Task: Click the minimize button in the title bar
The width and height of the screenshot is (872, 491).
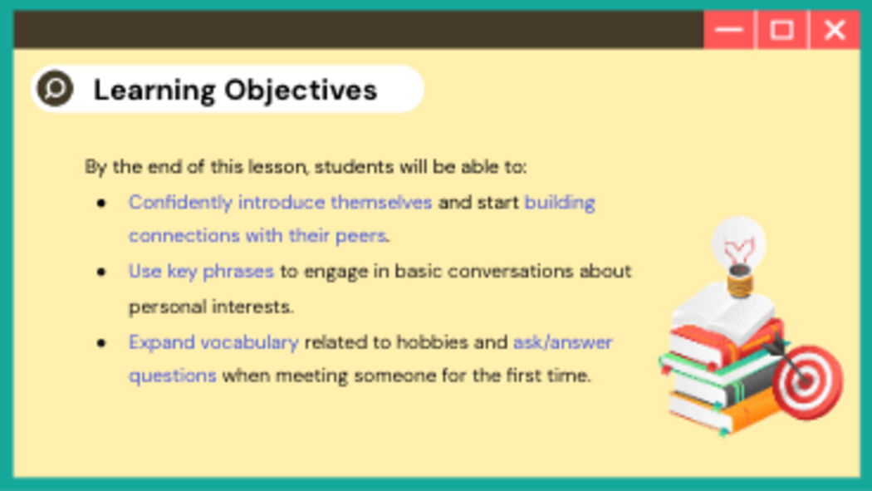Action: (x=728, y=29)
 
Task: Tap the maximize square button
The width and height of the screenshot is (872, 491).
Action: (x=781, y=29)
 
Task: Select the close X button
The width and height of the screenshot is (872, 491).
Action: (x=834, y=29)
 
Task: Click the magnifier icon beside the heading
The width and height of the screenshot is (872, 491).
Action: (x=55, y=88)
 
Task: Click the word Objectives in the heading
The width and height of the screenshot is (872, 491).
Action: (x=301, y=90)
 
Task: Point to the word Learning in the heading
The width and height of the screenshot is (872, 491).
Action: (x=154, y=90)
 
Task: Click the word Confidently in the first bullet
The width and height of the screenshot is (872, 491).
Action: (x=180, y=203)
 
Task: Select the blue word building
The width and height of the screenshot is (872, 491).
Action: (x=560, y=203)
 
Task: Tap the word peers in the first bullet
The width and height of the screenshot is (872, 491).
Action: (x=361, y=236)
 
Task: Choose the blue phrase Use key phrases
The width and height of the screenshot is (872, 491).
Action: (x=201, y=272)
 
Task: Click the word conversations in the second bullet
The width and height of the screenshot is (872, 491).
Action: (x=510, y=272)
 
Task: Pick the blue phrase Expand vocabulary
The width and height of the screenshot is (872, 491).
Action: (x=213, y=342)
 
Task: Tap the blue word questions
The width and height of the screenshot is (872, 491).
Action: (x=173, y=376)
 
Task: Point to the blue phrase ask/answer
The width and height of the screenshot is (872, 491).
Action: (x=563, y=342)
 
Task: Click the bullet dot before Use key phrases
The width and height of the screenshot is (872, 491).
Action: (x=101, y=272)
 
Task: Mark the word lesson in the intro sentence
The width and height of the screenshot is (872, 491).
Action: (x=277, y=167)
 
